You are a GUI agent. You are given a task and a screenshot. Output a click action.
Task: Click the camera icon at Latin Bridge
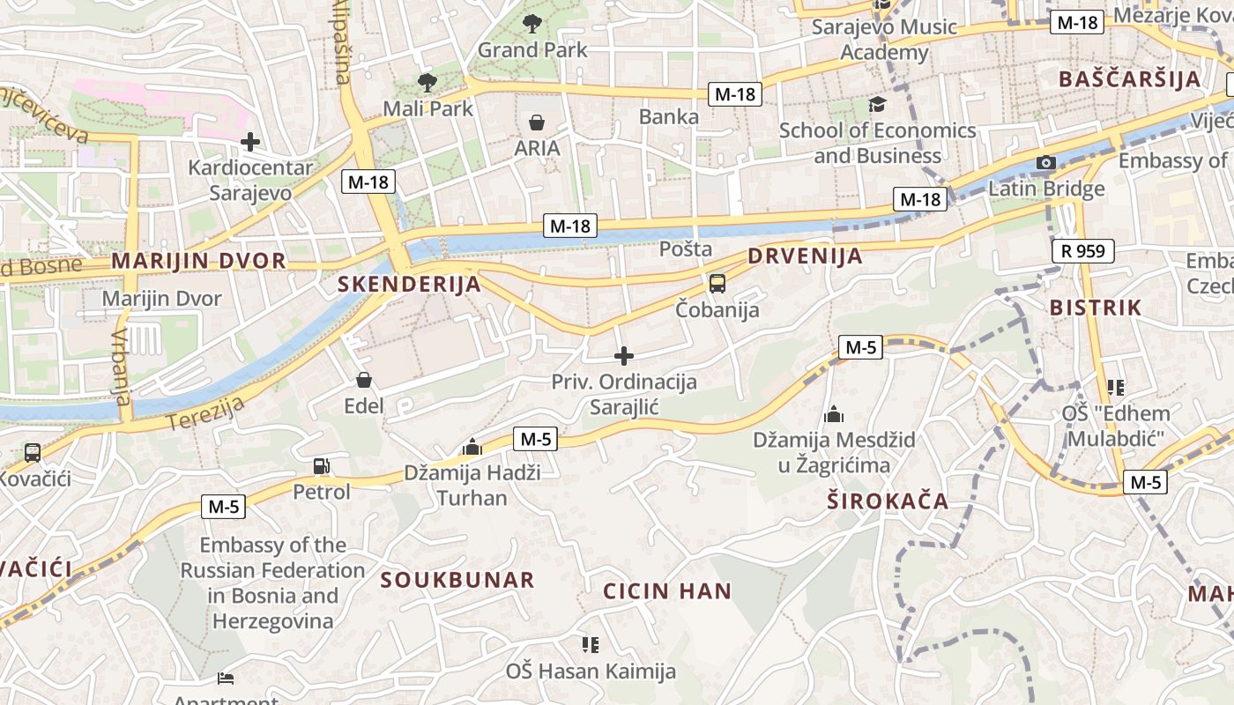pos(1046,163)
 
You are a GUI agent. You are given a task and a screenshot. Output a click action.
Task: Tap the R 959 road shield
pos(1083,251)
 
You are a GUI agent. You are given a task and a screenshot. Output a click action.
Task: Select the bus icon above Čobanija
pos(717,284)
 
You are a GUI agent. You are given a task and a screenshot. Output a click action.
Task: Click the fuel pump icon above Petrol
pos(322,466)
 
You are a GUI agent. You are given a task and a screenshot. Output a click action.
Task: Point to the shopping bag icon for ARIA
pos(537,122)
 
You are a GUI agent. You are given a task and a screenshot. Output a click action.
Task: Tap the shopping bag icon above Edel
pos(364,380)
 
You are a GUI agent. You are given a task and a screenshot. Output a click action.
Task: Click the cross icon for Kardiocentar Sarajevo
pos(250,141)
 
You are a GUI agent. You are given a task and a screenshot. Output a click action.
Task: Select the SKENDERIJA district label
pos(410,284)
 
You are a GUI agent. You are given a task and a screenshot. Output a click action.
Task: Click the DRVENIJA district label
pos(805,256)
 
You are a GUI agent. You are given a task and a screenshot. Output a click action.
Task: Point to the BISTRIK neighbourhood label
pos(1096,308)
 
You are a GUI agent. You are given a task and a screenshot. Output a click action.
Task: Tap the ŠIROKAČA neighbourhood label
pos(888,501)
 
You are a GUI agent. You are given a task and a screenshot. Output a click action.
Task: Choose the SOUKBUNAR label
pos(457,580)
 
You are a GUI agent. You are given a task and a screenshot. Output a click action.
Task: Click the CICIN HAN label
pos(667,590)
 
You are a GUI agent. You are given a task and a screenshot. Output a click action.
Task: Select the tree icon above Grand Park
pos(532,24)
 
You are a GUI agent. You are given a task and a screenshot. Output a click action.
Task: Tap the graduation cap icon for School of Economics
pos(877,105)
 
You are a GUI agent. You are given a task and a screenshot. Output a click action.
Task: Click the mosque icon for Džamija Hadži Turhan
pos(472,447)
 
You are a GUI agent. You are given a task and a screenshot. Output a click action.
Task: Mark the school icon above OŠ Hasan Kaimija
pos(591,645)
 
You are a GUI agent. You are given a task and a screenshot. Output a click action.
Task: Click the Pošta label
pos(686,249)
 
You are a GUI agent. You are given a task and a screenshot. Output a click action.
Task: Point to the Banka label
pos(669,116)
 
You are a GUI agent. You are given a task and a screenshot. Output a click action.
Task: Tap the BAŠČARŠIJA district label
pos(1129,78)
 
